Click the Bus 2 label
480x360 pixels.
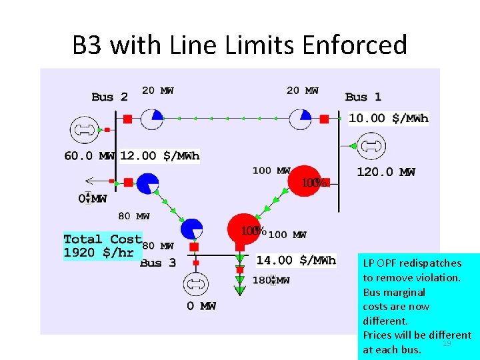pos(109,97)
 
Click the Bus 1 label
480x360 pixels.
pos(363,97)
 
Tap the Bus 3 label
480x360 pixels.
pos(158,263)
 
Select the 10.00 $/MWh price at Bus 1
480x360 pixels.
pos(389,119)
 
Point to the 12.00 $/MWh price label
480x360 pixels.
pos(160,156)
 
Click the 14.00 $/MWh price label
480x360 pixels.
pos(296,260)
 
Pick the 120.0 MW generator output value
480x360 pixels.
pos(386,172)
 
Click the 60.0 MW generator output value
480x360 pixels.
pos(89,156)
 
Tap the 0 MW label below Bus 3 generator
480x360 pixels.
pos(201,306)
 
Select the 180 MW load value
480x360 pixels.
pos(271,281)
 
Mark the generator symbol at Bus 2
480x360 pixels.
pos(84,129)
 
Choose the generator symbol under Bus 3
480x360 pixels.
pos(197,283)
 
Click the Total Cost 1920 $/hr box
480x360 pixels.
pos(103,246)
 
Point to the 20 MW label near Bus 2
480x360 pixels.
pos(157,91)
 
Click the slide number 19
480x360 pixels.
pos(447,343)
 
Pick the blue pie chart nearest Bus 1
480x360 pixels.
pos(301,119)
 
